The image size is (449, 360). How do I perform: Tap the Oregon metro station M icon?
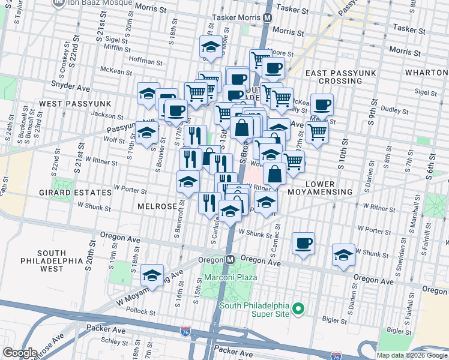click(x=229, y=260)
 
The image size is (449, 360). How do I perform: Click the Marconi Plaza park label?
click(x=231, y=277)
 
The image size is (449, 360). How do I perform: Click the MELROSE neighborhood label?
click(x=157, y=206)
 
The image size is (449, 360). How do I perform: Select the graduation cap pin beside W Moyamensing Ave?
click(x=152, y=275)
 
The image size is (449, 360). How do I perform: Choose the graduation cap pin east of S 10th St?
click(x=344, y=254)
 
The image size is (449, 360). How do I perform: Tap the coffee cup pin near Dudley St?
click(x=322, y=104)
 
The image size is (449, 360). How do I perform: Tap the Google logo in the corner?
click(x=20, y=353)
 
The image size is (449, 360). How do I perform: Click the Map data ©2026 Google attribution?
click(x=412, y=355)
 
